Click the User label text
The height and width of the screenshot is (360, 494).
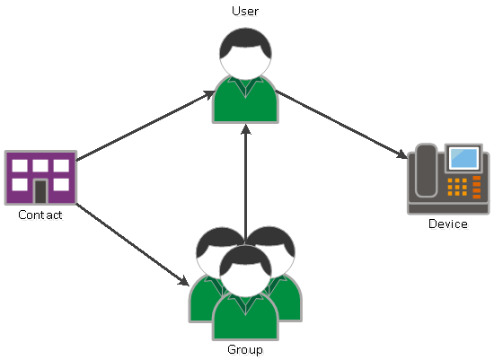click(245, 12)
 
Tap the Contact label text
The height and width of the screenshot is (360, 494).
click(40, 215)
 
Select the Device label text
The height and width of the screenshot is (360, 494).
click(448, 224)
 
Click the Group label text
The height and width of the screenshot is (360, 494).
click(245, 350)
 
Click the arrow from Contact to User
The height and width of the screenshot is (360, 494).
click(146, 126)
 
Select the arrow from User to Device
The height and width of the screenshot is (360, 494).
click(341, 125)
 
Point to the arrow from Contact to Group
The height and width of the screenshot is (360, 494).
click(132, 245)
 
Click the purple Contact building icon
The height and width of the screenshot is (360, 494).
click(40, 178)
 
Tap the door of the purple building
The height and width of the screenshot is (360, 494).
click(40, 191)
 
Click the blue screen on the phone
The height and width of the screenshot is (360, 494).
click(463, 158)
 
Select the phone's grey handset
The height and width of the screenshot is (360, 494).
click(426, 171)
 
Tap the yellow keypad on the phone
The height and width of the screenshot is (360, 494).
click(457, 187)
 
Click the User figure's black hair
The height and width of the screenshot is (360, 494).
click(245, 43)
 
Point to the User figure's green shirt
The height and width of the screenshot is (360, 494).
click(245, 100)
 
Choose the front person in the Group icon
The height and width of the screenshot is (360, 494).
click(245, 293)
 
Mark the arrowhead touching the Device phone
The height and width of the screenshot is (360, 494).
click(402, 154)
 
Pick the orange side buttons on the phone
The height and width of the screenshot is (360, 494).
click(477, 187)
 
